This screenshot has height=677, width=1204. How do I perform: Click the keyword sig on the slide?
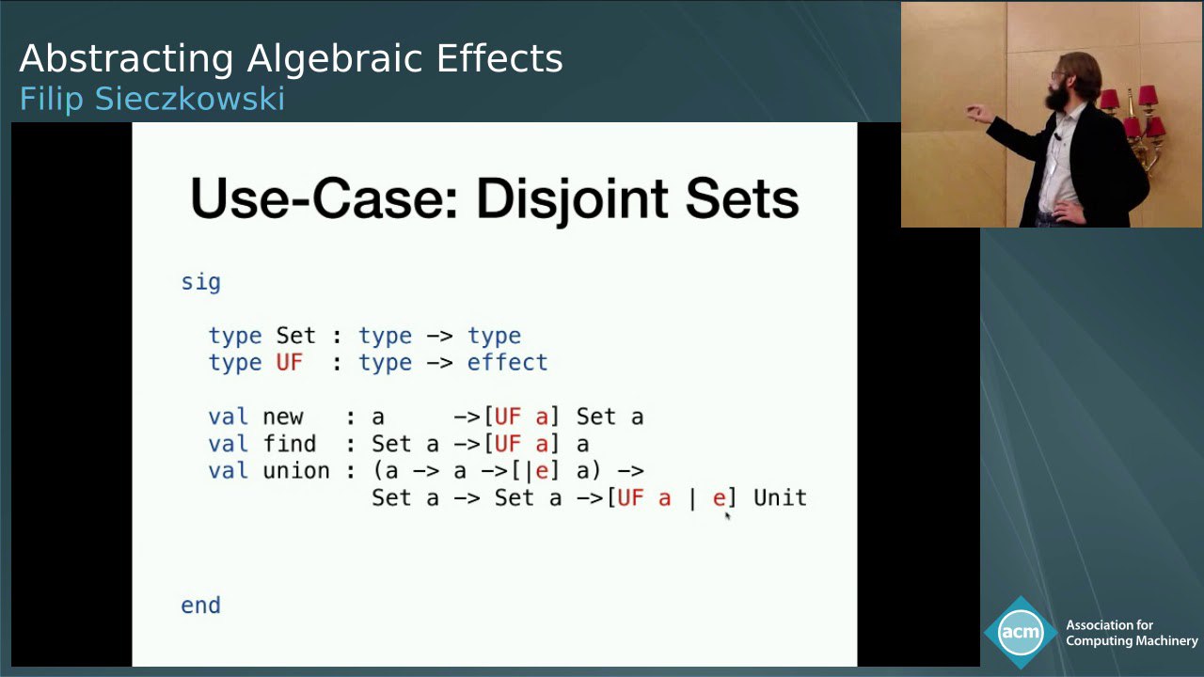pyautogui.click(x=200, y=283)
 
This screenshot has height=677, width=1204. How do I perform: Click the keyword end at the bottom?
pyautogui.click(x=200, y=606)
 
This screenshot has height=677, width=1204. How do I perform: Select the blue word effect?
pyautogui.click(x=507, y=362)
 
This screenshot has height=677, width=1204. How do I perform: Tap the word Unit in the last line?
pyautogui.click(x=780, y=497)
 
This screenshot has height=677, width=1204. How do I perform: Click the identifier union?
pyautogui.click(x=295, y=471)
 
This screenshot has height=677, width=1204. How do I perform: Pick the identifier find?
pyautogui.click(x=289, y=444)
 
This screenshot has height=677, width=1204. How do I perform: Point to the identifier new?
pyautogui.click(x=283, y=417)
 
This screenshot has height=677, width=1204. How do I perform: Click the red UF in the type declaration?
pyautogui.click(x=289, y=363)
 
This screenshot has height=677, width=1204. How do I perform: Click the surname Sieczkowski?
pyautogui.click(x=190, y=99)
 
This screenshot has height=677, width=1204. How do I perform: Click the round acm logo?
pyautogui.click(x=1021, y=633)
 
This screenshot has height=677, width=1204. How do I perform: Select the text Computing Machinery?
pyautogui.click(x=1132, y=640)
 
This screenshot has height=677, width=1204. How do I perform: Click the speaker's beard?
pyautogui.click(x=1055, y=97)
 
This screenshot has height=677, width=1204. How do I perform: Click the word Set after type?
pyautogui.click(x=295, y=336)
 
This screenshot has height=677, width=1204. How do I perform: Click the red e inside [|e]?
pyautogui.click(x=542, y=471)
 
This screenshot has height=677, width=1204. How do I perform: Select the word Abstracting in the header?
pyautogui.click(x=126, y=59)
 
